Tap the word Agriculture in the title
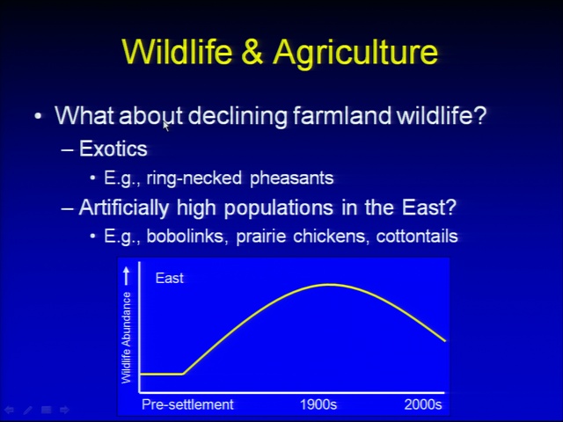point(355,53)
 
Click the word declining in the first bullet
point(238,116)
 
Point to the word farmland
point(342,115)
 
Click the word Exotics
point(113,149)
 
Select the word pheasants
point(291,178)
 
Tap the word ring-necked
point(194,178)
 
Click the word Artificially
point(123,207)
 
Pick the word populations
point(279,208)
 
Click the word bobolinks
point(187,236)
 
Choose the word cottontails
point(417,236)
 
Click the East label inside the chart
point(170,278)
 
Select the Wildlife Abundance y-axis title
point(126,338)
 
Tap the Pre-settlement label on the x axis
point(187,404)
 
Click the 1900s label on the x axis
point(318,404)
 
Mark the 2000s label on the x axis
point(423,404)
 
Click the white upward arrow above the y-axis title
point(126,276)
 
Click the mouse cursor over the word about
point(166,126)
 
